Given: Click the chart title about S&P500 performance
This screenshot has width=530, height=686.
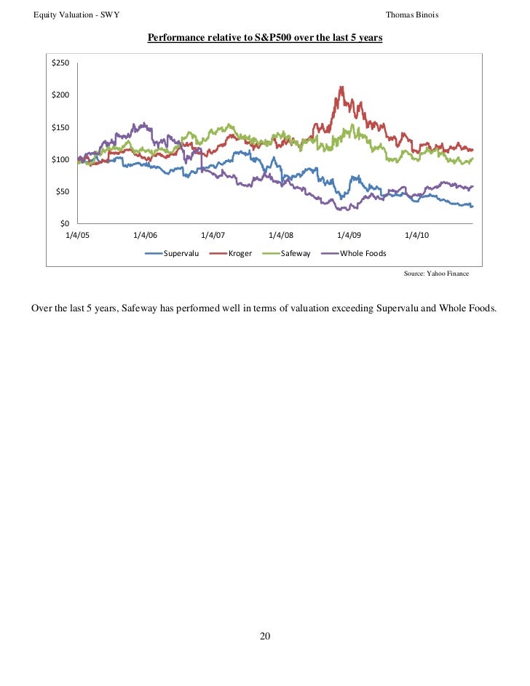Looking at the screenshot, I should pyautogui.click(x=265, y=37).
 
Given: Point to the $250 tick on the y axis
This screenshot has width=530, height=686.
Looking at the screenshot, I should pyautogui.click(x=60, y=63).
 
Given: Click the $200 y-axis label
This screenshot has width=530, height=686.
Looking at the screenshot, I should pyautogui.click(x=60, y=95).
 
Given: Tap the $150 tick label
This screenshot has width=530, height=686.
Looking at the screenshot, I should pyautogui.click(x=60, y=127).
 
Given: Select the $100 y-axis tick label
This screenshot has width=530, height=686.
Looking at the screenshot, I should pyautogui.click(x=60, y=159).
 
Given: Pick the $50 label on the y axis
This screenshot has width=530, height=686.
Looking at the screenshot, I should pyautogui.click(x=62, y=191).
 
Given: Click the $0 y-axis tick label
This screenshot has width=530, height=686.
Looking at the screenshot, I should pyautogui.click(x=64, y=223).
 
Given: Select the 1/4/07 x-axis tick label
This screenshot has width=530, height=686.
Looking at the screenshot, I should pyautogui.click(x=213, y=235).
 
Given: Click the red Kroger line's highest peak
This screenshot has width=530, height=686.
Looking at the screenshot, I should pyautogui.click(x=341, y=87).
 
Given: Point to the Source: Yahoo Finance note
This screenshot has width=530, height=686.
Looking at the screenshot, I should pyautogui.click(x=436, y=274).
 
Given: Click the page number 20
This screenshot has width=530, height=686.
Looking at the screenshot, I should pyautogui.click(x=265, y=637).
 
